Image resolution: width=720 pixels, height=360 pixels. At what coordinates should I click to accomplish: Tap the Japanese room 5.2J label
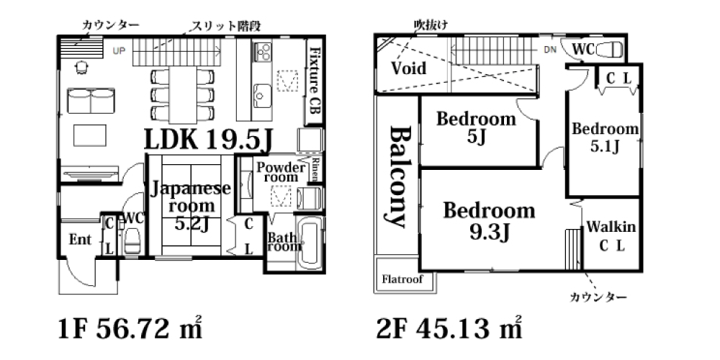point(190,206)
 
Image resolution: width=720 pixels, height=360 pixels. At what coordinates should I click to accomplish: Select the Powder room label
point(281,172)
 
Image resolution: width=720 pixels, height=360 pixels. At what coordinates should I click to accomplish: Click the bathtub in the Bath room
point(310,244)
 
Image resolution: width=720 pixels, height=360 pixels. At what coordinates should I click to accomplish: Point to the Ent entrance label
point(81,239)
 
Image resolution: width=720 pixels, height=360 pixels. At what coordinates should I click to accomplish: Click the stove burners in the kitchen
point(263,51)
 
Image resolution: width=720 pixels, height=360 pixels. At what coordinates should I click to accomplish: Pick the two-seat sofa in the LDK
point(91,101)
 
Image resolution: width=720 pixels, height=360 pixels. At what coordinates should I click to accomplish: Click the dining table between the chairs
point(183,94)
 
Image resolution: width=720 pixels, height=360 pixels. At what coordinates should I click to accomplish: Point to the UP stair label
point(119,51)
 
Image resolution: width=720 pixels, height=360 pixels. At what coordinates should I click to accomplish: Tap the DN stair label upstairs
point(550,50)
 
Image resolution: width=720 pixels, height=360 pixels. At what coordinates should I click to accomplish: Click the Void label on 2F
point(409,68)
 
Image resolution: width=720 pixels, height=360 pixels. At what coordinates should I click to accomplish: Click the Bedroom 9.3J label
point(489,222)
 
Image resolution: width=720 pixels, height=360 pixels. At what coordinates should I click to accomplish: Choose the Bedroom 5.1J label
point(605,138)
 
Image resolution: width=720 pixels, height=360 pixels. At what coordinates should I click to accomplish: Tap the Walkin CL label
point(611,236)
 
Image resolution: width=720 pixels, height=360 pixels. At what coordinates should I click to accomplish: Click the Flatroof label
point(402,279)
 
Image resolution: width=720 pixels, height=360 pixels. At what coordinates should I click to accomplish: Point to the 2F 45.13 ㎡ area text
point(450,329)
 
